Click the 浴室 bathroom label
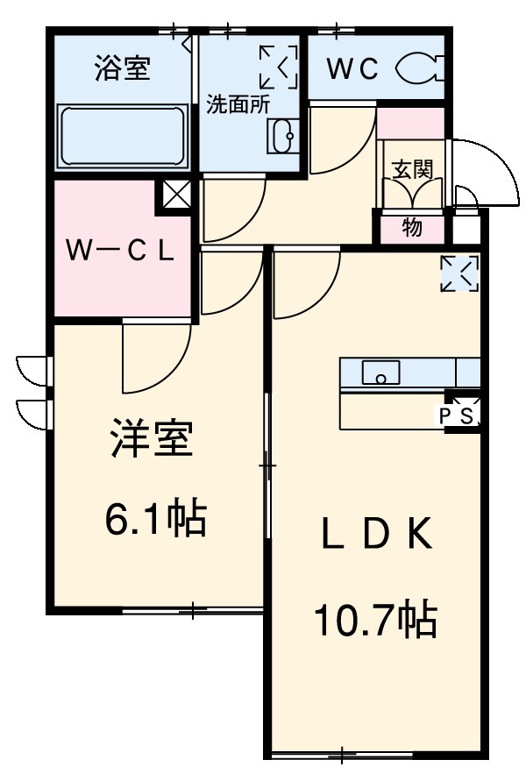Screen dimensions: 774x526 [x=122, y=69]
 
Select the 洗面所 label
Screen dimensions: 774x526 [x=237, y=103]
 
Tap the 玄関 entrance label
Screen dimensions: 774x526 [x=411, y=169]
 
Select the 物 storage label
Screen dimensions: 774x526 [x=411, y=228]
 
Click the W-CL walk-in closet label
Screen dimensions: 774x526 [x=122, y=251]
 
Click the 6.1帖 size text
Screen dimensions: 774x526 [x=155, y=520]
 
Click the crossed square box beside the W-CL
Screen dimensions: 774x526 [x=175, y=196]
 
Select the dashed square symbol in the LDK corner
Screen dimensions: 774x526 [x=460, y=273]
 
